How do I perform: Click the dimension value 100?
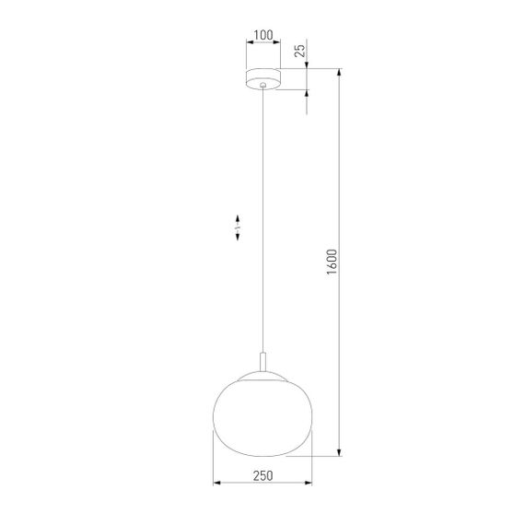(263, 36)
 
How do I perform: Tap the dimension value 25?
(299, 52)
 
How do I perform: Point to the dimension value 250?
(262, 475)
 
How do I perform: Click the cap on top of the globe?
(263, 374)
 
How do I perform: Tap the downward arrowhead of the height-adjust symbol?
(238, 238)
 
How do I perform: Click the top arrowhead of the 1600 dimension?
(341, 73)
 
